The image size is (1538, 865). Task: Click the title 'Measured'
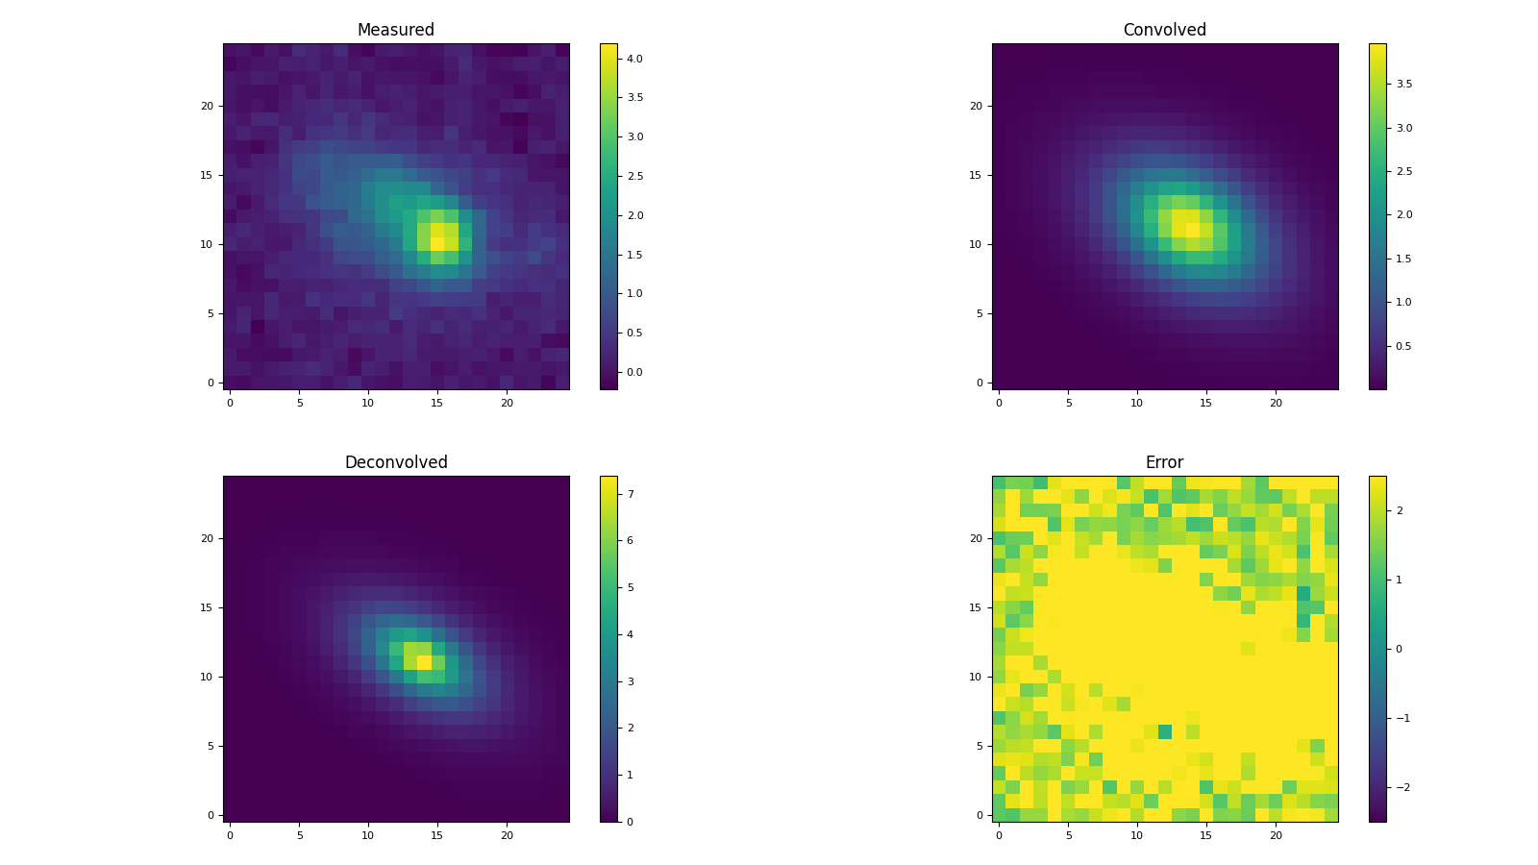pyautogui.click(x=395, y=30)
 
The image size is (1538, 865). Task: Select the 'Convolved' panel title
pyautogui.click(x=1164, y=30)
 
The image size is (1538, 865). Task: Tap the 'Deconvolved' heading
pyautogui.click(x=395, y=462)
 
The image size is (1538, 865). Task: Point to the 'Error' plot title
pyautogui.click(x=1164, y=462)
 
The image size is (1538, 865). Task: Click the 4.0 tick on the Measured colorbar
pyautogui.click(x=634, y=59)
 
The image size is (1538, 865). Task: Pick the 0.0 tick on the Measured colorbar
pyautogui.click(x=634, y=372)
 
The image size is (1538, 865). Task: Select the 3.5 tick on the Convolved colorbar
pyautogui.click(x=1403, y=84)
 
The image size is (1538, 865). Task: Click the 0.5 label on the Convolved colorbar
pyautogui.click(x=1403, y=346)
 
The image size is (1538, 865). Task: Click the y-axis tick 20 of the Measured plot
pyautogui.click(x=206, y=106)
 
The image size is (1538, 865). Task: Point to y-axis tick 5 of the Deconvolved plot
pyautogui.click(x=210, y=746)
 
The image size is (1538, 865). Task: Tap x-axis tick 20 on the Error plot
pyautogui.click(x=1276, y=835)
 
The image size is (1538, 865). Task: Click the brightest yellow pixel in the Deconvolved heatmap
pyautogui.click(x=424, y=662)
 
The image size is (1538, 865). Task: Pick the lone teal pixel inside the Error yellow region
pyautogui.click(x=1165, y=731)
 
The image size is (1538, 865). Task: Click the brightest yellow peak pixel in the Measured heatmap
pyautogui.click(x=437, y=244)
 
